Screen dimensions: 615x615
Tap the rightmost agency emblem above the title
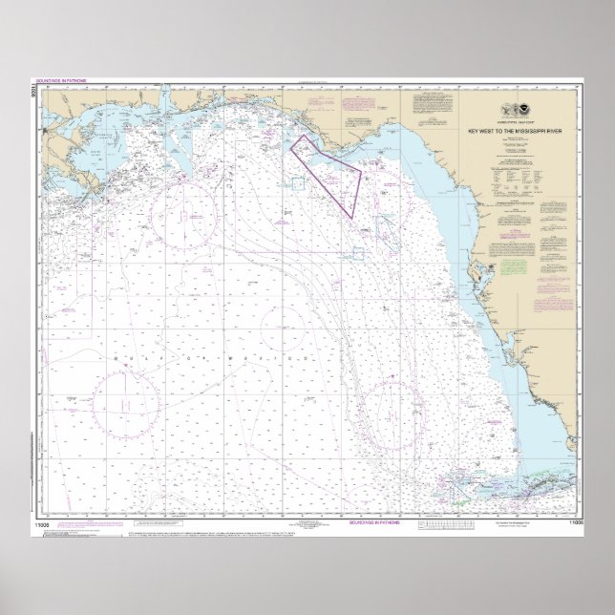click(533, 110)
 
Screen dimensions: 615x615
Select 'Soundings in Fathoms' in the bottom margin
click(373, 523)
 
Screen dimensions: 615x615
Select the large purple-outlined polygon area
click(329, 172)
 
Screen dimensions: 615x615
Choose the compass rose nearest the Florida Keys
click(392, 414)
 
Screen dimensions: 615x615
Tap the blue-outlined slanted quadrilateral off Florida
click(387, 227)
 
